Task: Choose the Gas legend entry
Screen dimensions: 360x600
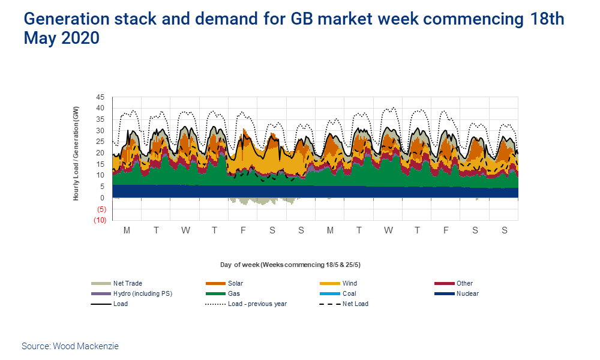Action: click(233, 293)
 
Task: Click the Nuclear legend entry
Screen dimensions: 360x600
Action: click(467, 293)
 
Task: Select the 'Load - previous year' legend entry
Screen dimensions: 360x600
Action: click(257, 304)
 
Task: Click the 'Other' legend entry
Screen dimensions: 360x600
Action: click(464, 283)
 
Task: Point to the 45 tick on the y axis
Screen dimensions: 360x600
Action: click(100, 97)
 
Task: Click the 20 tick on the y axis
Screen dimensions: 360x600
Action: click(100, 153)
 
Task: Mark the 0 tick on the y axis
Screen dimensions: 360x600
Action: click(103, 198)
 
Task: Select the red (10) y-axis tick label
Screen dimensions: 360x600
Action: click(100, 220)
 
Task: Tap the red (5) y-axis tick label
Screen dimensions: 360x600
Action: click(101, 209)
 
